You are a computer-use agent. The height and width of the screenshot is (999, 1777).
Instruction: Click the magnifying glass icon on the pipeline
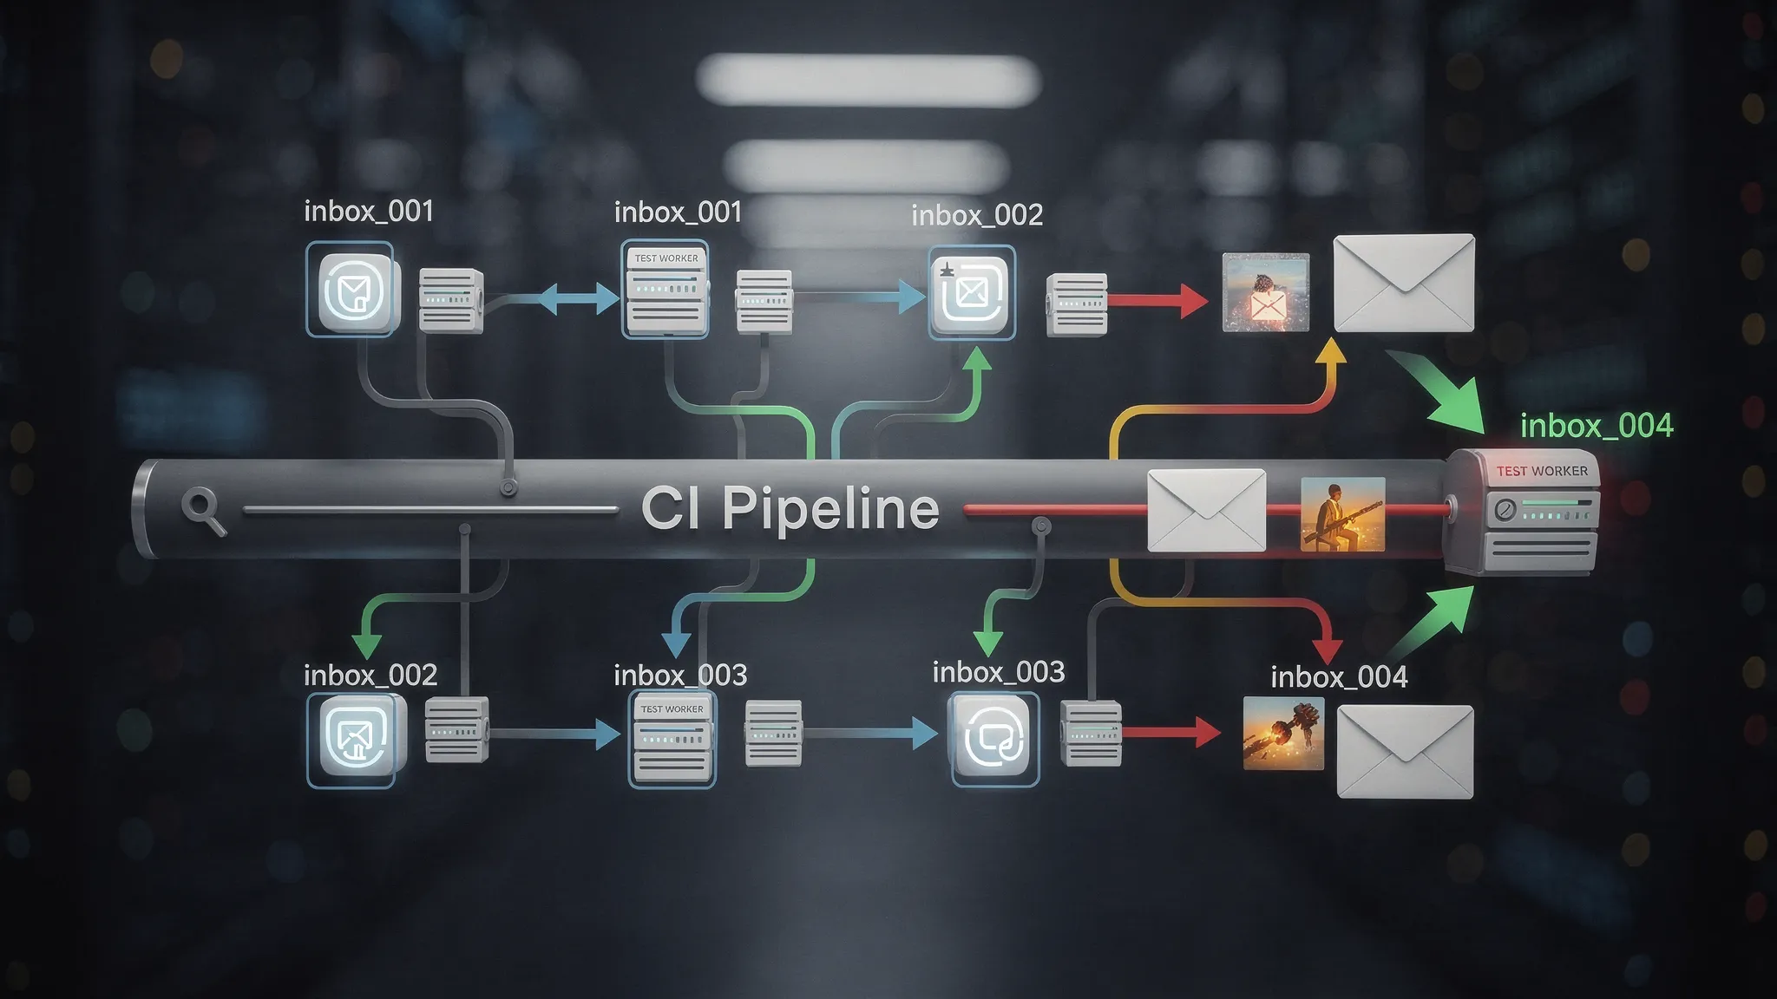point(204,510)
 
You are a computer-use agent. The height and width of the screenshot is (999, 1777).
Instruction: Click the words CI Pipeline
point(790,508)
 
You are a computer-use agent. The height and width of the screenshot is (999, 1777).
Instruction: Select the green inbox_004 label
point(1597,426)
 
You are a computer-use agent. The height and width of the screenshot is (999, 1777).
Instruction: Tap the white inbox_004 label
point(1339,676)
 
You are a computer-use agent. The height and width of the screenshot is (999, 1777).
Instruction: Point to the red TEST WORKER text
point(1542,471)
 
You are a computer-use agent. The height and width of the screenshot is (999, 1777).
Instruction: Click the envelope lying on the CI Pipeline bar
point(1206,511)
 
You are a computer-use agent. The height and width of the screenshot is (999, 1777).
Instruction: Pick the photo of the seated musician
point(1342,514)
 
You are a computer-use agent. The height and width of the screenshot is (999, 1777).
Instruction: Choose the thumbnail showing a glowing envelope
point(1265,293)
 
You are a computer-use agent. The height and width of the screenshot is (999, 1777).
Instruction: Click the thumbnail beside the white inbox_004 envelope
point(1283,734)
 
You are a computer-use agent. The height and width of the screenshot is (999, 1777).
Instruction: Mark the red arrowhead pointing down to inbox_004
point(1328,649)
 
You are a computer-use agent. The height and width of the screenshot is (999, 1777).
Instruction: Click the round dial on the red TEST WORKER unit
point(1505,510)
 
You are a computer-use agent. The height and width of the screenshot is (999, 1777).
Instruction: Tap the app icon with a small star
point(972,292)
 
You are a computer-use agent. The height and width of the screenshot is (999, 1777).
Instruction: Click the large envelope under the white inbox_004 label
point(1405,751)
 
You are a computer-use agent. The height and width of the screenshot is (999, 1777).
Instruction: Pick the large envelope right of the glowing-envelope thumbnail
point(1403,283)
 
